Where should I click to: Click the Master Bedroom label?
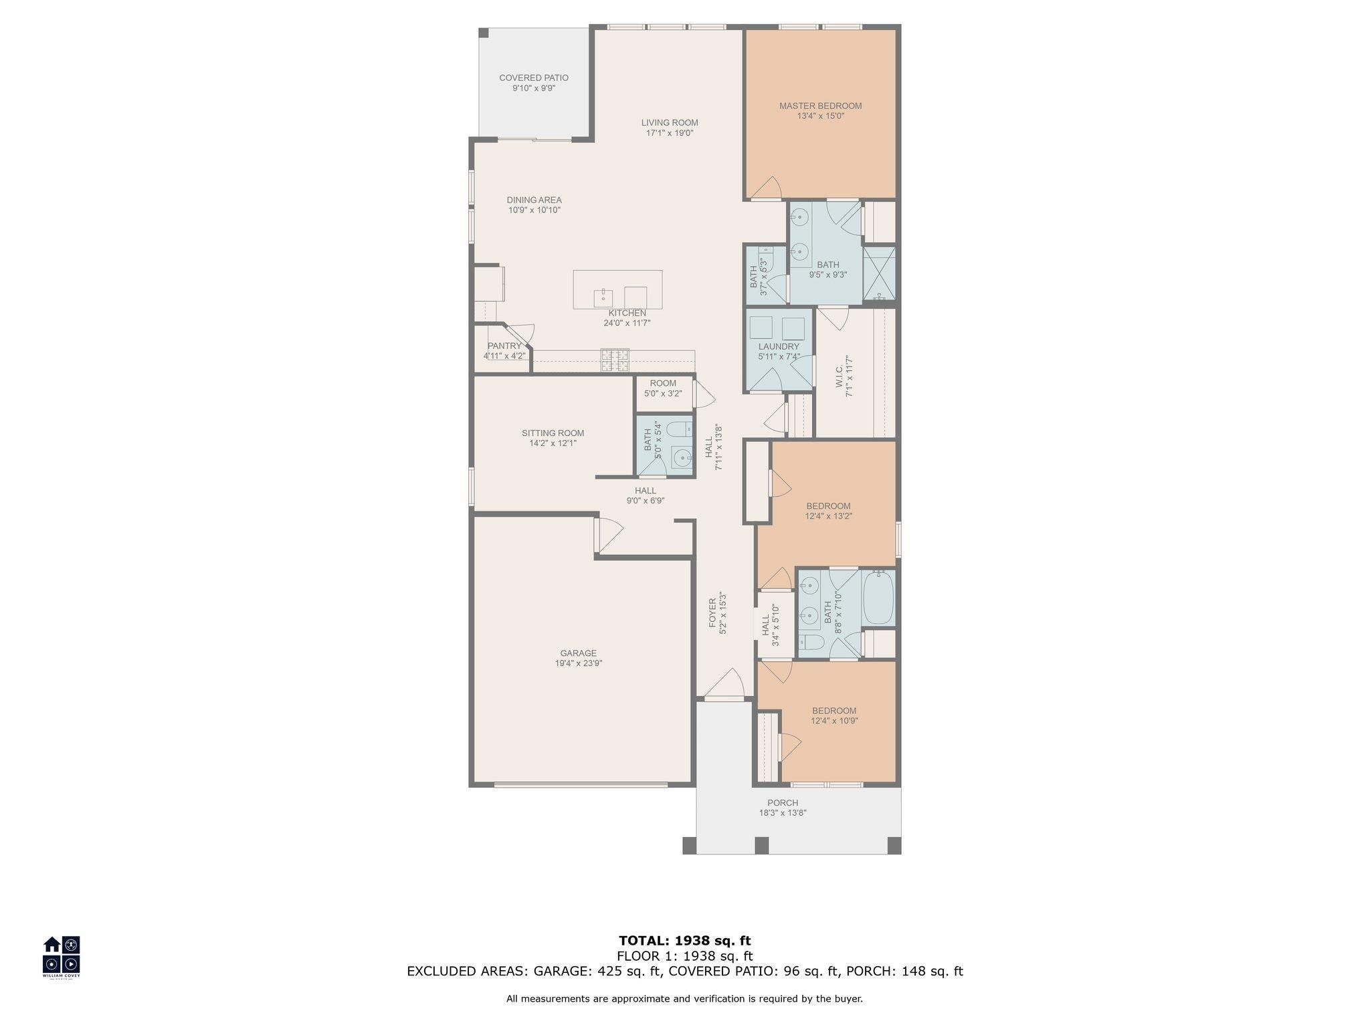[x=820, y=106]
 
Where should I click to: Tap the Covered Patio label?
[x=534, y=78]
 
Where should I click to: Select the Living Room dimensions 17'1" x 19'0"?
[x=670, y=133]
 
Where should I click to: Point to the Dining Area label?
[x=534, y=200]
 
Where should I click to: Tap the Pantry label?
[x=504, y=346]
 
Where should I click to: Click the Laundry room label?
[x=779, y=346]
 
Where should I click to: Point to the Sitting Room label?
[x=553, y=433]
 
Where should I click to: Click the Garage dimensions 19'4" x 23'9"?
[x=579, y=663]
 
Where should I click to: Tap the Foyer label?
[x=712, y=612]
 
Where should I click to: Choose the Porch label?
[x=783, y=803]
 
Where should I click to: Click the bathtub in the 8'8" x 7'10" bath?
[x=878, y=597]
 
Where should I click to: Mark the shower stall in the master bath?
[x=879, y=273]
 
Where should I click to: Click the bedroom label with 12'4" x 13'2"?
[x=828, y=506]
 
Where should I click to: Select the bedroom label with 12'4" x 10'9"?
[x=834, y=711]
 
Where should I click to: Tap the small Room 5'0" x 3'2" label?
[x=663, y=383]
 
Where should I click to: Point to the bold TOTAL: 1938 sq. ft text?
[x=685, y=941]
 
